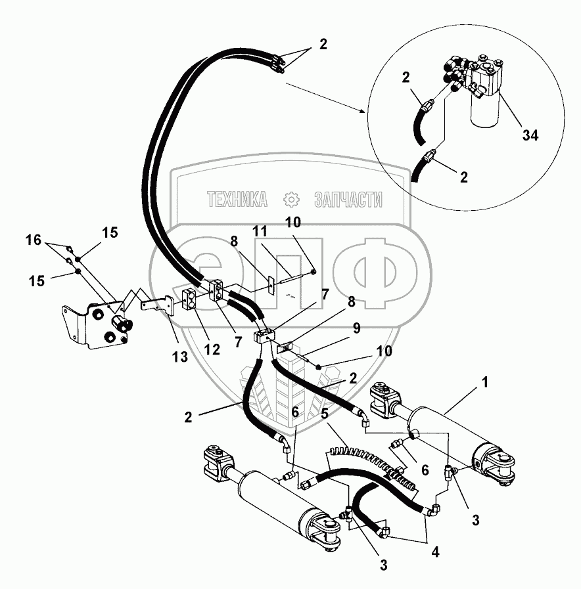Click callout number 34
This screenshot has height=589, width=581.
point(530,135)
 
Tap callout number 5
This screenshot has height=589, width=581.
point(324,414)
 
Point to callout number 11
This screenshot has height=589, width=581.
point(261,231)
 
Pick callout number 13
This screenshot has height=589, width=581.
point(177,357)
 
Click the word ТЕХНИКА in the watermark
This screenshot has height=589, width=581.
point(237,199)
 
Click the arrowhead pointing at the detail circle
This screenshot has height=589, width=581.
point(363,111)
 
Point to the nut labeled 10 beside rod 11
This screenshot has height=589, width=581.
point(314,271)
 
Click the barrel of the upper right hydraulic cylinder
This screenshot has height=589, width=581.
point(440,429)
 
